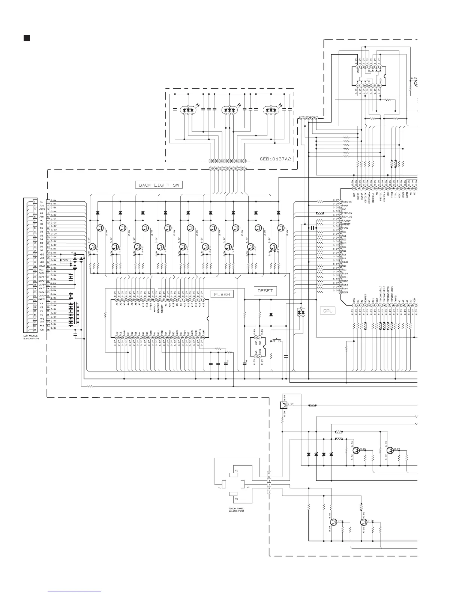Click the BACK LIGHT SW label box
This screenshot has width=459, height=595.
159,185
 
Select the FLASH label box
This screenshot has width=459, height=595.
222,294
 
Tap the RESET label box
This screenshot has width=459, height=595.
265,291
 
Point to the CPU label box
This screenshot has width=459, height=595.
328,311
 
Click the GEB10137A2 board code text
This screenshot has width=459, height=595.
275,159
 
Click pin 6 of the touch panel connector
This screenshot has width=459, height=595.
269,473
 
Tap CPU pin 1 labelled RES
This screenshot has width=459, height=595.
354,305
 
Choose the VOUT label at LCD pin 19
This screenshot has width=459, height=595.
42,270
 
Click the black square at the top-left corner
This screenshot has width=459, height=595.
27,38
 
